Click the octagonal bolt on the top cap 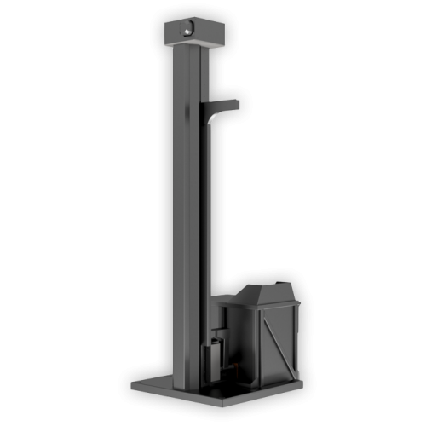coord(186,31)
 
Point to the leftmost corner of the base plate coord(130,385)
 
